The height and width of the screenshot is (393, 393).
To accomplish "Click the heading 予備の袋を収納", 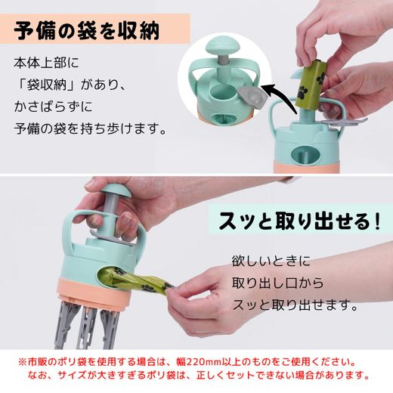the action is click(x=86, y=31).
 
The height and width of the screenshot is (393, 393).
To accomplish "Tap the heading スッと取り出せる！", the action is click(x=299, y=221).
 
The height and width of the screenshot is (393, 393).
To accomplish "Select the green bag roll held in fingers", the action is click(x=309, y=82).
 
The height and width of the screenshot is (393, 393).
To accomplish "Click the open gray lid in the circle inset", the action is click(x=251, y=96).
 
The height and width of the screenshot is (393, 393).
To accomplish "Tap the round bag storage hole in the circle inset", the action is click(x=221, y=92).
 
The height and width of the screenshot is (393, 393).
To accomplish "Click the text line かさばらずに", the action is click(x=54, y=107).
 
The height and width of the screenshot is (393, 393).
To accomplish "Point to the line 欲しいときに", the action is click(x=271, y=261).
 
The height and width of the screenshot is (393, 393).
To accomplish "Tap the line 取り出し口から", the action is click(x=277, y=283).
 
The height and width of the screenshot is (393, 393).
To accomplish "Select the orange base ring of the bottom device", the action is click(x=94, y=292).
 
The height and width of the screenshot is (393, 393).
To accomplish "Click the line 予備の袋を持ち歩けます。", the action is click(x=90, y=128).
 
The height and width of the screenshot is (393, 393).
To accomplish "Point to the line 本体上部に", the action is click(x=46, y=63).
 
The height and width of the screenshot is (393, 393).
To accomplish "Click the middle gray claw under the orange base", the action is click(x=87, y=327).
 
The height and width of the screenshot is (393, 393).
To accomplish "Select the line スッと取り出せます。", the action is click(x=295, y=305).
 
